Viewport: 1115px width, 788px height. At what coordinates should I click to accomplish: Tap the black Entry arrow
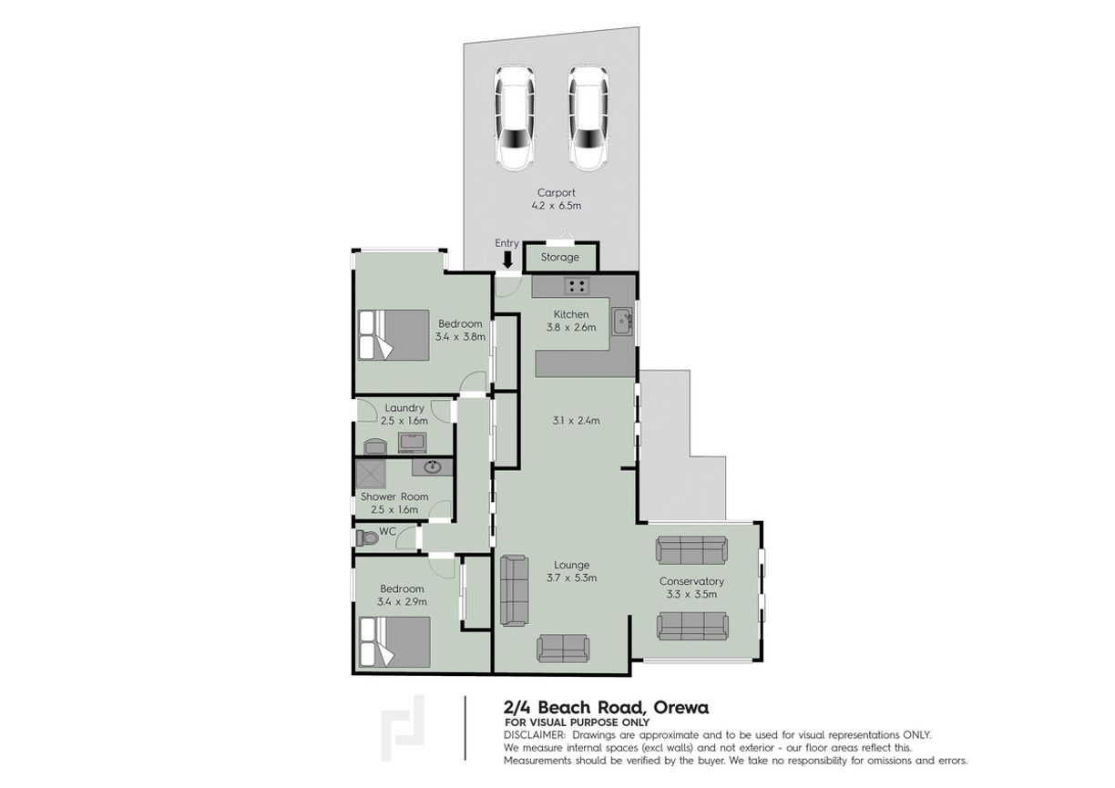(507, 260)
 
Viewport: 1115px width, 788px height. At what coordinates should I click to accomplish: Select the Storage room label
(560, 258)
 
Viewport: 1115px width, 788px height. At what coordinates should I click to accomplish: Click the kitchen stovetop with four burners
(576, 286)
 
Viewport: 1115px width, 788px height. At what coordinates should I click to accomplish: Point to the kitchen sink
(623, 321)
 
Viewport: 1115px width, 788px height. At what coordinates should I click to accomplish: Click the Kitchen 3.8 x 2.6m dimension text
(571, 328)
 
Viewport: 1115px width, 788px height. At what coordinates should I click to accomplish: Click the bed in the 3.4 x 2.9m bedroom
(393, 641)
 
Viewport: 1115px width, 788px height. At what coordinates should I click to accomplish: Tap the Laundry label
(404, 408)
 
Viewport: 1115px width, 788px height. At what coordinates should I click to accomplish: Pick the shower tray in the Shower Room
(371, 474)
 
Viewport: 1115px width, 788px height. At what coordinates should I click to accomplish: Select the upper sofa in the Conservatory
(691, 550)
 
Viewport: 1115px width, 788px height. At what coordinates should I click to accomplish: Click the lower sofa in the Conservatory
(692, 625)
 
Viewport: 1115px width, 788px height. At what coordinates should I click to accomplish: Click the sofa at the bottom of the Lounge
(564, 648)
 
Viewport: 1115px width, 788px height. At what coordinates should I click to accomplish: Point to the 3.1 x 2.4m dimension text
(576, 421)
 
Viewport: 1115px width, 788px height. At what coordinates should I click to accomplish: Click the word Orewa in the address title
(679, 707)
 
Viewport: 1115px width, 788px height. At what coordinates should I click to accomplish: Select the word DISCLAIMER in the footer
(533, 734)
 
